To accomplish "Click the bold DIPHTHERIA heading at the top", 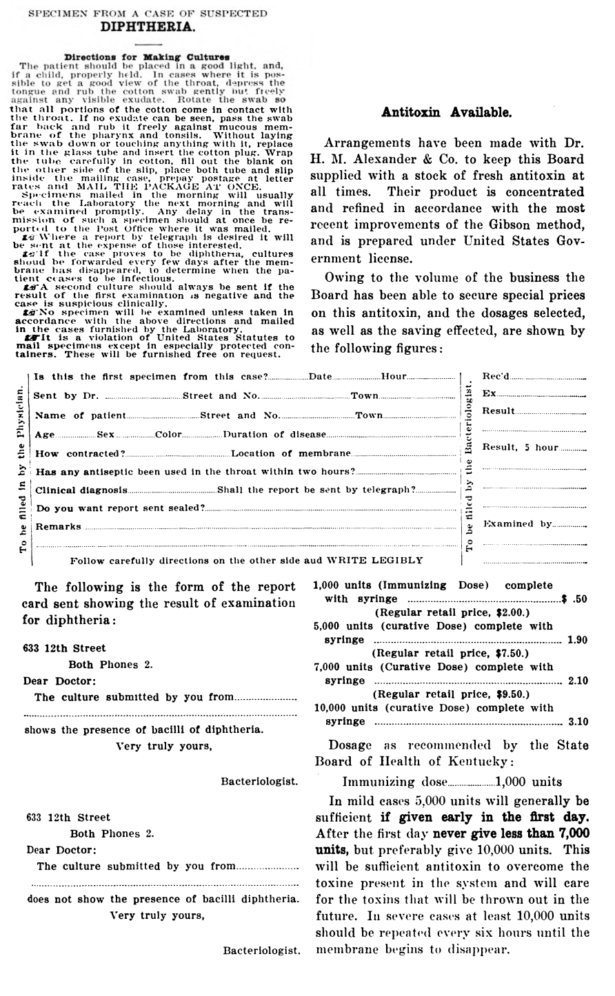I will [x=147, y=27].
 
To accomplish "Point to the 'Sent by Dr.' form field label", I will [x=66, y=396].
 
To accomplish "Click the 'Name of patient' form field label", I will [x=81, y=415].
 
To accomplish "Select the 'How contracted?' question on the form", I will [x=79, y=454].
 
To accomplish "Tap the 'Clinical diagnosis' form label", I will [x=81, y=490].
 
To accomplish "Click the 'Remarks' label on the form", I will [x=58, y=527].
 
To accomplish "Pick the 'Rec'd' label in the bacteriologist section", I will [x=496, y=377].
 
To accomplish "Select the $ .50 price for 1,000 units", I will [x=575, y=599].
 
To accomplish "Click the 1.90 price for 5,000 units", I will [x=577, y=640].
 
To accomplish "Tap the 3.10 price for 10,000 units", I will [x=577, y=722].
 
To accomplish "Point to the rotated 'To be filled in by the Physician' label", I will [x=23, y=470].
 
